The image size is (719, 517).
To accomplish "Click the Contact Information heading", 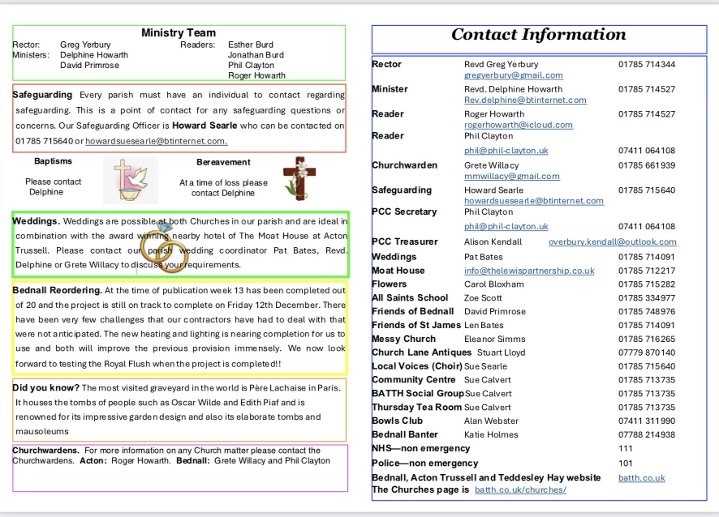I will [x=539, y=35].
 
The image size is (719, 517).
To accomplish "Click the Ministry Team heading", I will [x=179, y=33].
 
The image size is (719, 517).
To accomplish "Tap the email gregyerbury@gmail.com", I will [x=513, y=75].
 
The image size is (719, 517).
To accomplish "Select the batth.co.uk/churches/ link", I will [x=520, y=490].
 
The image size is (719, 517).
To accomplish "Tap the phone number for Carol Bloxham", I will [x=646, y=284].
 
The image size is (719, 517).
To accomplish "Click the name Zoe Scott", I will [x=483, y=298].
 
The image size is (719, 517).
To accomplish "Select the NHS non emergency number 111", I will [x=625, y=448].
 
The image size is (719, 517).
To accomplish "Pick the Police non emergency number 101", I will [x=625, y=464].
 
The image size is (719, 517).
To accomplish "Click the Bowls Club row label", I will [x=398, y=421].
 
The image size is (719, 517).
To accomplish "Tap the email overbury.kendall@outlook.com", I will [x=612, y=241].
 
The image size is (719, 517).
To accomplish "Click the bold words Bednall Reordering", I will [x=58, y=290].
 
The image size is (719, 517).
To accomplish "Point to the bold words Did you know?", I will [x=45, y=388].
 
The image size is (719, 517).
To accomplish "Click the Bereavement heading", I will [x=223, y=162].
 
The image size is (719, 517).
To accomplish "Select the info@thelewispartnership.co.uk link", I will [x=529, y=271].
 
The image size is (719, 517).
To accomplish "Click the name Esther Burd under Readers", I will [x=251, y=45].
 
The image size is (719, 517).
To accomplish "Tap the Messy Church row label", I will [x=403, y=340].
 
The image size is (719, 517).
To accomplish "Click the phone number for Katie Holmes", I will [x=646, y=435].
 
